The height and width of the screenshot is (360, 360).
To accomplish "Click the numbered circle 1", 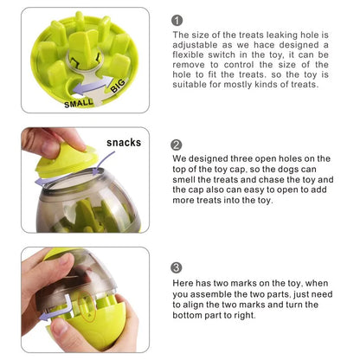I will tap(177, 20).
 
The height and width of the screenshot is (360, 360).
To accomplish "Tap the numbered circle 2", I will tap(177, 145).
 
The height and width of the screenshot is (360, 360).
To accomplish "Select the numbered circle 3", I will tap(177, 267).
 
